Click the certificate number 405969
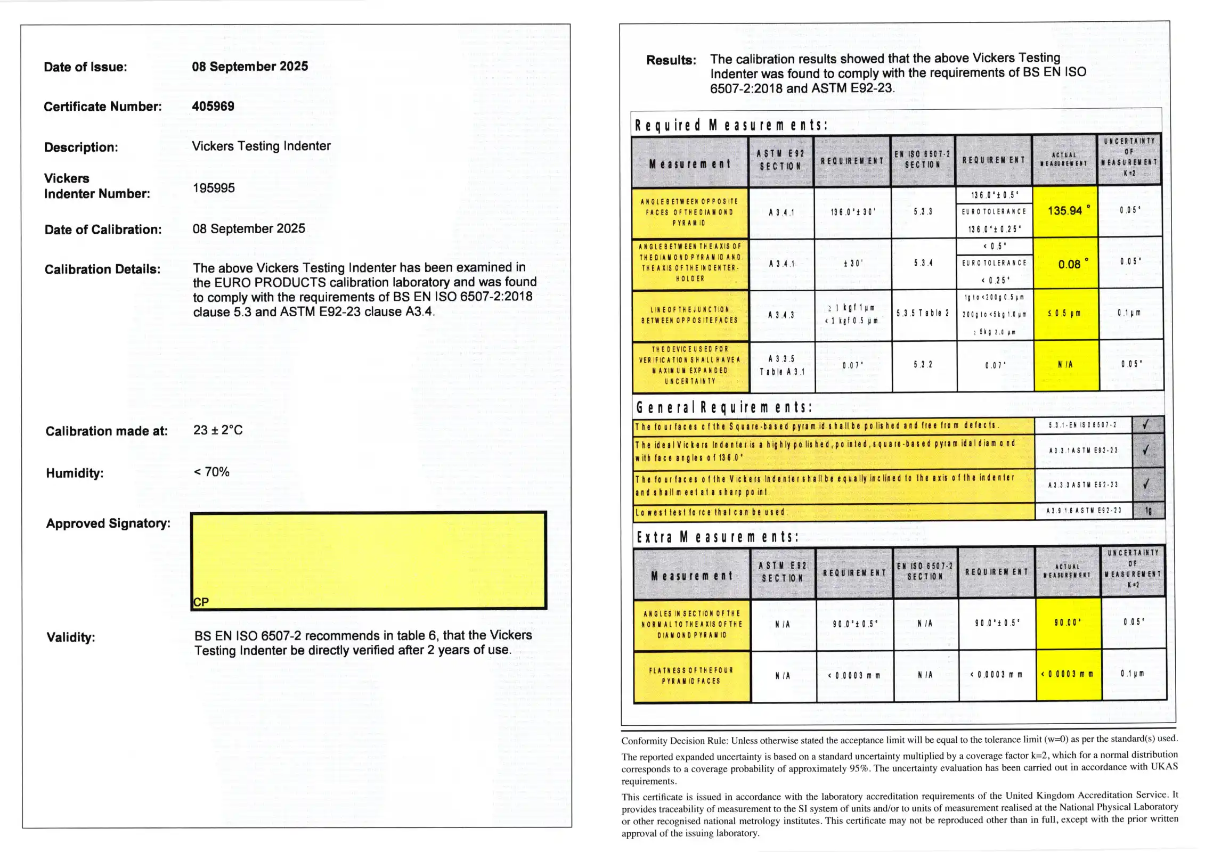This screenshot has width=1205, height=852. click(x=213, y=106)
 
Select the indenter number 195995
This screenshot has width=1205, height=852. click(x=214, y=188)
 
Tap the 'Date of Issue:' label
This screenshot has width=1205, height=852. click(x=85, y=67)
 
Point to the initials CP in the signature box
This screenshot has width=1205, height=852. click(x=201, y=602)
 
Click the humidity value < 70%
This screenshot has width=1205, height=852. click(x=211, y=472)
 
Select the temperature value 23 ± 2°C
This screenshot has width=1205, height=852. click(x=218, y=430)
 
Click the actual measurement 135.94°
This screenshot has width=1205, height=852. click(x=1065, y=211)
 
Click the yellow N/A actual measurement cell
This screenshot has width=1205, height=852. click(x=1065, y=365)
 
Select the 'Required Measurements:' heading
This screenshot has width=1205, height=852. click(x=731, y=125)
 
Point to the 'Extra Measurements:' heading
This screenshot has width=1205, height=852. click(x=717, y=537)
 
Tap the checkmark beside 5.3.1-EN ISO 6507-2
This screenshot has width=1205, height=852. click(x=1145, y=425)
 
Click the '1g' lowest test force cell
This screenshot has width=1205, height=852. click(x=1149, y=511)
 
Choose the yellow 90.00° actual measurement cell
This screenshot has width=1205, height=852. click(x=1068, y=622)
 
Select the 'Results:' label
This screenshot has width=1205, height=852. click(x=671, y=60)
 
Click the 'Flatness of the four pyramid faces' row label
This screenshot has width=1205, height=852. click(x=691, y=676)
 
